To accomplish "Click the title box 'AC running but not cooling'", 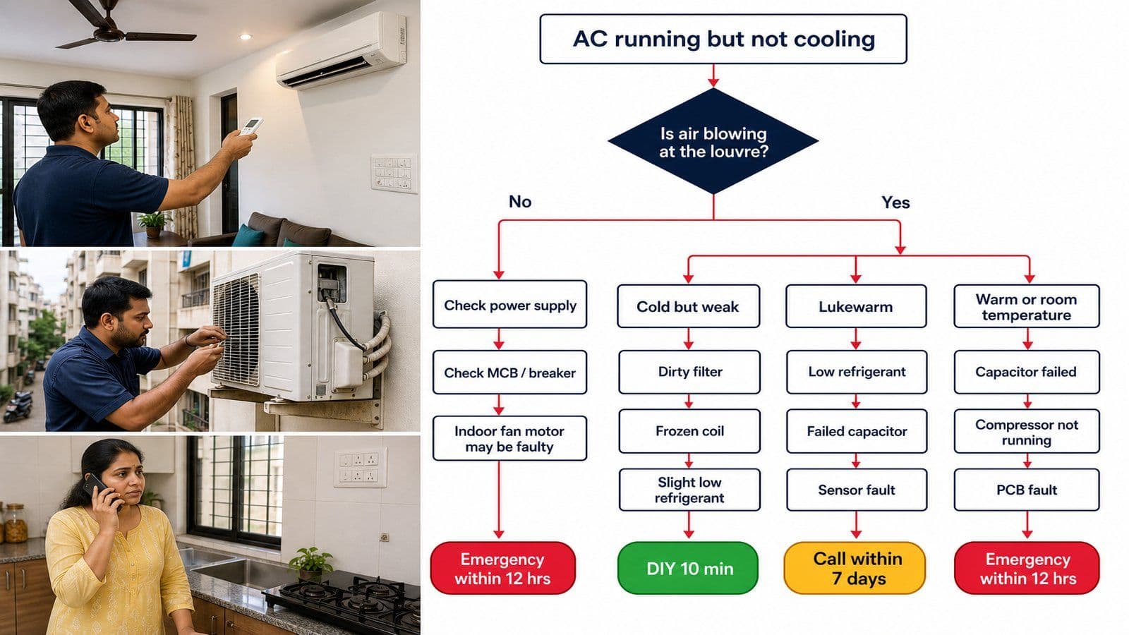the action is pyautogui.click(x=723, y=39).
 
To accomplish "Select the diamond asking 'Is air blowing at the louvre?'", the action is pyautogui.click(x=713, y=141).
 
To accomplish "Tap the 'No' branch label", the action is pyautogui.click(x=520, y=202).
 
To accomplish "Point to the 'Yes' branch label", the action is pyautogui.click(x=895, y=202).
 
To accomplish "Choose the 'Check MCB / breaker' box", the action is pyautogui.click(x=509, y=373).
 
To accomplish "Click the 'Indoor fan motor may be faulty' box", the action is pyautogui.click(x=509, y=438).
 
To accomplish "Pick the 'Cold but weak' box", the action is pyautogui.click(x=688, y=306).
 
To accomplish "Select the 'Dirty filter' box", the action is pyautogui.click(x=689, y=372).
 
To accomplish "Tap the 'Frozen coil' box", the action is pyautogui.click(x=689, y=431).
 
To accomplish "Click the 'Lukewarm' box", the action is pyautogui.click(x=856, y=306).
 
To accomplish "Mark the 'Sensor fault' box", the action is pyautogui.click(x=857, y=490).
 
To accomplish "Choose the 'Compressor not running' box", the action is pyautogui.click(x=1027, y=431).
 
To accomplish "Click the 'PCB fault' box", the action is pyautogui.click(x=1027, y=490).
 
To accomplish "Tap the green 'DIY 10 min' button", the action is pyautogui.click(x=688, y=568).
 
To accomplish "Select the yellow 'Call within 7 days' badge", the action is pyautogui.click(x=855, y=568).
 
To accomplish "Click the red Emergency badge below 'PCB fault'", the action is pyautogui.click(x=1027, y=568).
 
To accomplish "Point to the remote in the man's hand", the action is pyautogui.click(x=251, y=126).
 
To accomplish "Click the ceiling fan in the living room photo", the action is pyautogui.click(x=121, y=26).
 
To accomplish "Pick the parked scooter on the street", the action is pyautogui.click(x=18, y=406).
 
